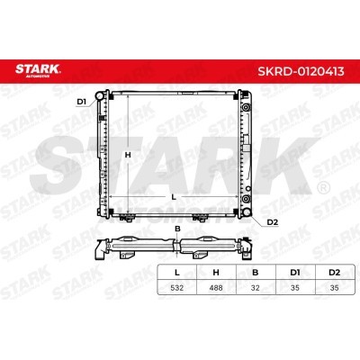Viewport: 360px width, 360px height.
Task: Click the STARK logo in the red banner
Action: (38, 70)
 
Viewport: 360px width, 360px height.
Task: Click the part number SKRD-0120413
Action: (301, 72)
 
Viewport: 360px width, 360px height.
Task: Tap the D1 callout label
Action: (82, 102)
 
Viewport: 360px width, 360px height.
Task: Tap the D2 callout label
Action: (273, 222)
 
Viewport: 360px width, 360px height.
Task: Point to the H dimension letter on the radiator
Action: (128, 155)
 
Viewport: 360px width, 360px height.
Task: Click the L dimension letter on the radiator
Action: (174, 197)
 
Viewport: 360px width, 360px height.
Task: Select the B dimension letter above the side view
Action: (177, 229)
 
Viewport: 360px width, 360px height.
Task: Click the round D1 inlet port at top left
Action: (99, 96)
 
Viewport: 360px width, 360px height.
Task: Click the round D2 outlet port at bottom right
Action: (247, 211)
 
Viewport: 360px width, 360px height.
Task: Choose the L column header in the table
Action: (177, 273)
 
